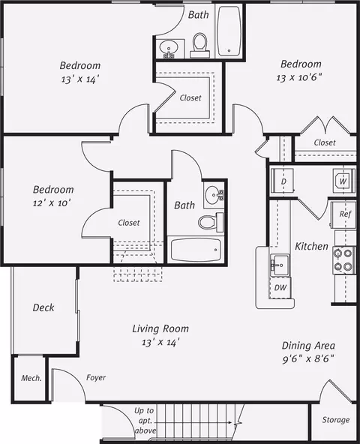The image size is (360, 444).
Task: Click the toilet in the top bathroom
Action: (x=200, y=45)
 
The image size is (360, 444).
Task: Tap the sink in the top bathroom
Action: (x=168, y=47)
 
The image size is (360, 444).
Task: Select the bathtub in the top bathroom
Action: (x=229, y=31)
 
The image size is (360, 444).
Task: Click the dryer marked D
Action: (x=283, y=181)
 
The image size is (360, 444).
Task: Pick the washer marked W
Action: (x=343, y=181)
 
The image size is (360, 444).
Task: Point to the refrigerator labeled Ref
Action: (x=343, y=214)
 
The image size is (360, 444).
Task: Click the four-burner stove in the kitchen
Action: (x=343, y=260)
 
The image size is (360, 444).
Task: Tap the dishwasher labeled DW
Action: (x=280, y=288)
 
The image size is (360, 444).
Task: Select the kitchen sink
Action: (x=280, y=265)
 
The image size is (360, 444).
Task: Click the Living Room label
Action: (x=160, y=328)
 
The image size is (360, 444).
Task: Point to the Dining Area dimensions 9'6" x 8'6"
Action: (x=308, y=359)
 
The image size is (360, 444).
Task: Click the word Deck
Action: (x=43, y=307)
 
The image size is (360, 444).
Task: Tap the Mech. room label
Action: (x=31, y=378)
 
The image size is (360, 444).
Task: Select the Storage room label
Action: (x=336, y=420)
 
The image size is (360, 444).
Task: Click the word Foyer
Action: (x=96, y=378)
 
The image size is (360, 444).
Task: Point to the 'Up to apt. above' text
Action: (x=145, y=421)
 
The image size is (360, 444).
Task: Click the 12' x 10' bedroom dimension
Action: (x=52, y=203)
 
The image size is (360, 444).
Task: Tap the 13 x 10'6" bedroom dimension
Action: (x=299, y=77)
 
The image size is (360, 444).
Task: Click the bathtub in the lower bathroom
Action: (x=196, y=250)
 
